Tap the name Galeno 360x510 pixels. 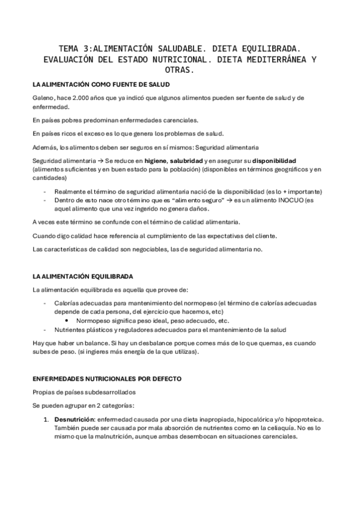pyautogui.click(x=43, y=97)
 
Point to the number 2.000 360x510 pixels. pyautogui.click(x=82, y=97)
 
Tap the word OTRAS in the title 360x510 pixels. pyautogui.click(x=180, y=70)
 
